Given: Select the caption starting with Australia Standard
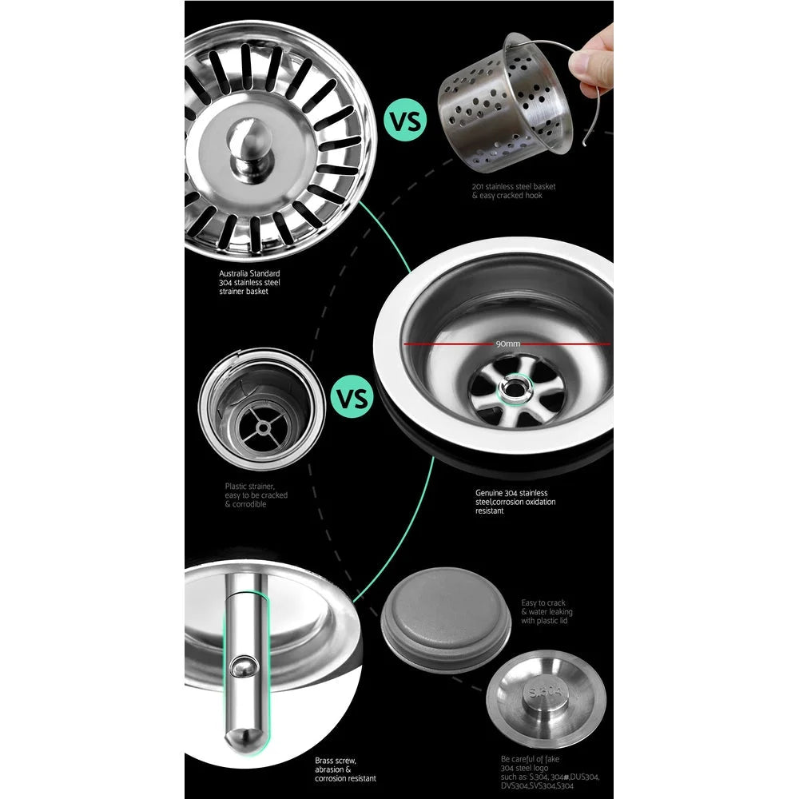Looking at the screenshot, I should click(249, 282).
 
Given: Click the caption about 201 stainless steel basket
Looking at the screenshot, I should click(513, 191).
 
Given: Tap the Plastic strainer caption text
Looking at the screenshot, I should click(256, 495).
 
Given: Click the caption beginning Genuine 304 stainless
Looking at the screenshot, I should click(515, 502).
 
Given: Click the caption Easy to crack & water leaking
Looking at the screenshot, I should click(547, 612).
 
